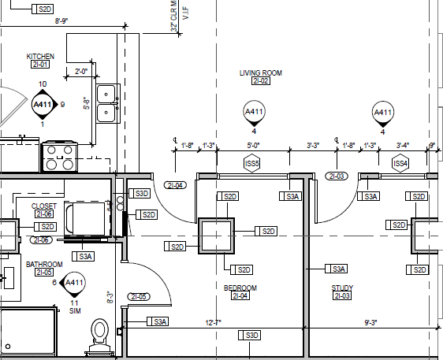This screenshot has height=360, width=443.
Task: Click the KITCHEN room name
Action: click(40, 56)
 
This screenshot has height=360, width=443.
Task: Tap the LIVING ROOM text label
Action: click(261, 72)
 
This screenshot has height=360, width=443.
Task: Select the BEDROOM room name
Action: click(240, 288)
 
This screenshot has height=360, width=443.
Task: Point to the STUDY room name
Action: click(342, 288)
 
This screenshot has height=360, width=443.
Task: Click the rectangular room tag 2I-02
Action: click(261, 81)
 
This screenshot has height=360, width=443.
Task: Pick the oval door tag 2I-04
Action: click(174, 185)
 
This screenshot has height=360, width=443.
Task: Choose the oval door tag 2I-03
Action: click(337, 176)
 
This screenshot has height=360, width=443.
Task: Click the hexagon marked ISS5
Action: click(252, 163)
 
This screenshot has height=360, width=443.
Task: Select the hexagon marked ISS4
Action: click(400, 163)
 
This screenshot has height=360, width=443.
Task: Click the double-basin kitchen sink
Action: click(105, 104)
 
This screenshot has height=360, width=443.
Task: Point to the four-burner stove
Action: click(58, 155)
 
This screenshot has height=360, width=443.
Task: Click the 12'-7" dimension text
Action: click(214, 322)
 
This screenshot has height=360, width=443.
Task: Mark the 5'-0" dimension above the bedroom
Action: click(252, 145)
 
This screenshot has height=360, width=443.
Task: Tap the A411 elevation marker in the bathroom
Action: click(74, 283)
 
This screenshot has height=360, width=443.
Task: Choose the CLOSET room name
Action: click(43, 206)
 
